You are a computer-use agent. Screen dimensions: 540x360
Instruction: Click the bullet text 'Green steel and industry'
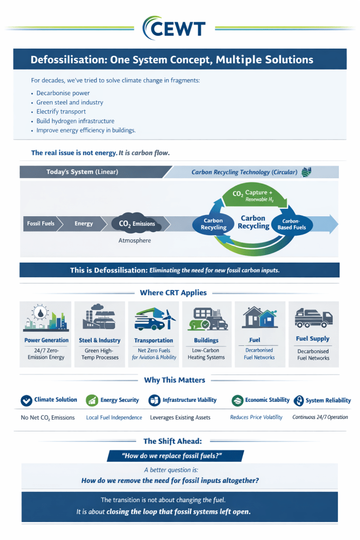70,102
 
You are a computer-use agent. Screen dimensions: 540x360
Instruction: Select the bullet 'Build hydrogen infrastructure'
75,121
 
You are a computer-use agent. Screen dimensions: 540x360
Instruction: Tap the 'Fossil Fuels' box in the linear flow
41,224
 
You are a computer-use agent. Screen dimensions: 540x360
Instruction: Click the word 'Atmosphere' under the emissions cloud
134,240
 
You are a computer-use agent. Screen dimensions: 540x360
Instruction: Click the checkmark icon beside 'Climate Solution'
26,400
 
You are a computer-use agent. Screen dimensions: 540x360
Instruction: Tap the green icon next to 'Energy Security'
92,400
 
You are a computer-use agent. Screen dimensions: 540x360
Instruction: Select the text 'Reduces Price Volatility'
256,417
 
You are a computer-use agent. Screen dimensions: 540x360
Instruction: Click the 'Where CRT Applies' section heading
173,293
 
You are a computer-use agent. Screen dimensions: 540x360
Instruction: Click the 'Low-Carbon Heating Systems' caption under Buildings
206,353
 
